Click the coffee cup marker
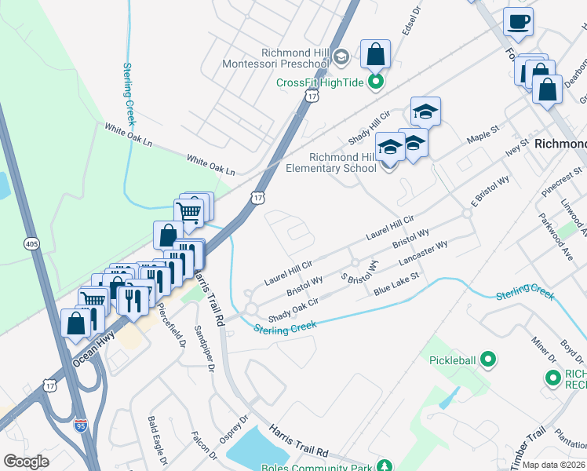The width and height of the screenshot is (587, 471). [x=518, y=22]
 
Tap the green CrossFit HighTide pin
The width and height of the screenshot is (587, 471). [x=377, y=82]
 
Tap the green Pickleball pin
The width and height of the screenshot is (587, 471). [x=488, y=360]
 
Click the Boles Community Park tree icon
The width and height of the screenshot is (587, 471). [x=385, y=466]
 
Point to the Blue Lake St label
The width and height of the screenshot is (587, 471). [x=397, y=286]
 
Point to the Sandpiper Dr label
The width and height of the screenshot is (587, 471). [x=205, y=349]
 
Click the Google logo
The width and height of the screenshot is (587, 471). [x=26, y=462]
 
